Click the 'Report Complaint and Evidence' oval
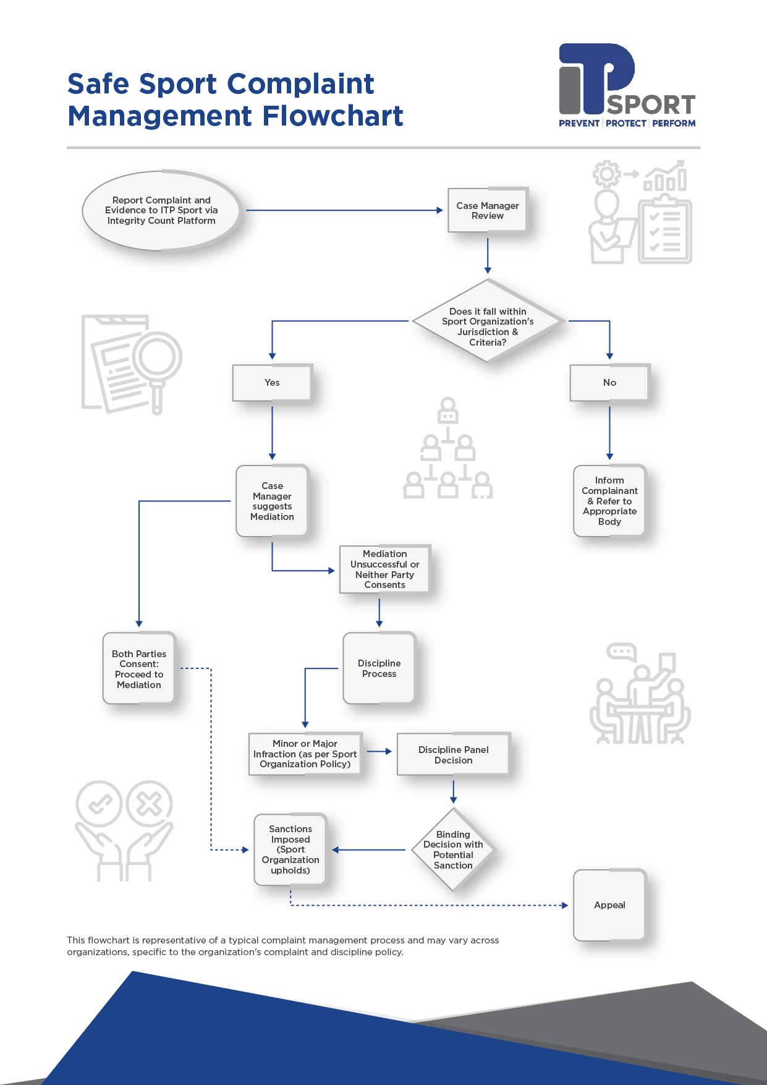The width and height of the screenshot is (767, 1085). pyautogui.click(x=161, y=210)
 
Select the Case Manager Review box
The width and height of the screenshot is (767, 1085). pyautogui.click(x=488, y=210)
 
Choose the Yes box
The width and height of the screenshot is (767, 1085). pyautogui.click(x=272, y=383)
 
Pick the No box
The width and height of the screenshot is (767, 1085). pyautogui.click(x=609, y=383)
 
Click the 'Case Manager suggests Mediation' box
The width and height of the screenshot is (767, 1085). pyautogui.click(x=272, y=501)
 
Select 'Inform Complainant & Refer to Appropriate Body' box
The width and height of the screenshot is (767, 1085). pyautogui.click(x=609, y=501)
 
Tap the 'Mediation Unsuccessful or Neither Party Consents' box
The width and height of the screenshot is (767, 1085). pyautogui.click(x=384, y=569)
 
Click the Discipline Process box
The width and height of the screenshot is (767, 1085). pyautogui.click(x=379, y=668)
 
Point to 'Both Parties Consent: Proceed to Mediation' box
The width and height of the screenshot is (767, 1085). pyautogui.click(x=139, y=669)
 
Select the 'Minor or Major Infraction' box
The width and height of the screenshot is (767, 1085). pyautogui.click(x=305, y=754)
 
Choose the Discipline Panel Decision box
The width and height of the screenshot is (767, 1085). pyautogui.click(x=453, y=754)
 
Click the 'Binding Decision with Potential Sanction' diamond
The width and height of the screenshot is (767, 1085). pyautogui.click(x=453, y=850)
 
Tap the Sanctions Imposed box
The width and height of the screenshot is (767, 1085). pyautogui.click(x=290, y=849)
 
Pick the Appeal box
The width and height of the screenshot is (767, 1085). pyautogui.click(x=609, y=905)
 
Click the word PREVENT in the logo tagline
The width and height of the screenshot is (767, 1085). pyautogui.click(x=579, y=124)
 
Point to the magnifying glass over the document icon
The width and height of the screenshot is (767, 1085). pyautogui.click(x=157, y=358)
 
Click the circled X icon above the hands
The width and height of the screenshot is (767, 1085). pyautogui.click(x=149, y=804)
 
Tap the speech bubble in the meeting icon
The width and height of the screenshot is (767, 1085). pyautogui.click(x=621, y=652)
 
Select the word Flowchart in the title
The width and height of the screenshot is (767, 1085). pyautogui.click(x=333, y=116)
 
